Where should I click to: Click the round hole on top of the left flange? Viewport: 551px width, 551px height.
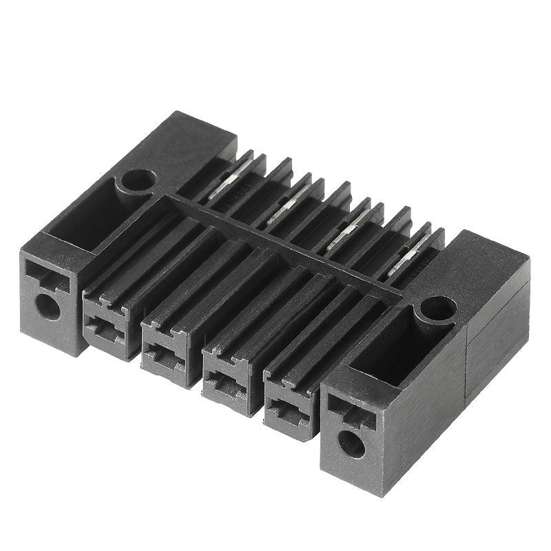click(138, 180)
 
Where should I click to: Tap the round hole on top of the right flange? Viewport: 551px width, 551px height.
click(438, 308)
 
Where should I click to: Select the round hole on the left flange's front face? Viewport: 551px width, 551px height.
click(48, 306)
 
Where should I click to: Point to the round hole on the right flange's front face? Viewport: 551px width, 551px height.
click(352, 444)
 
